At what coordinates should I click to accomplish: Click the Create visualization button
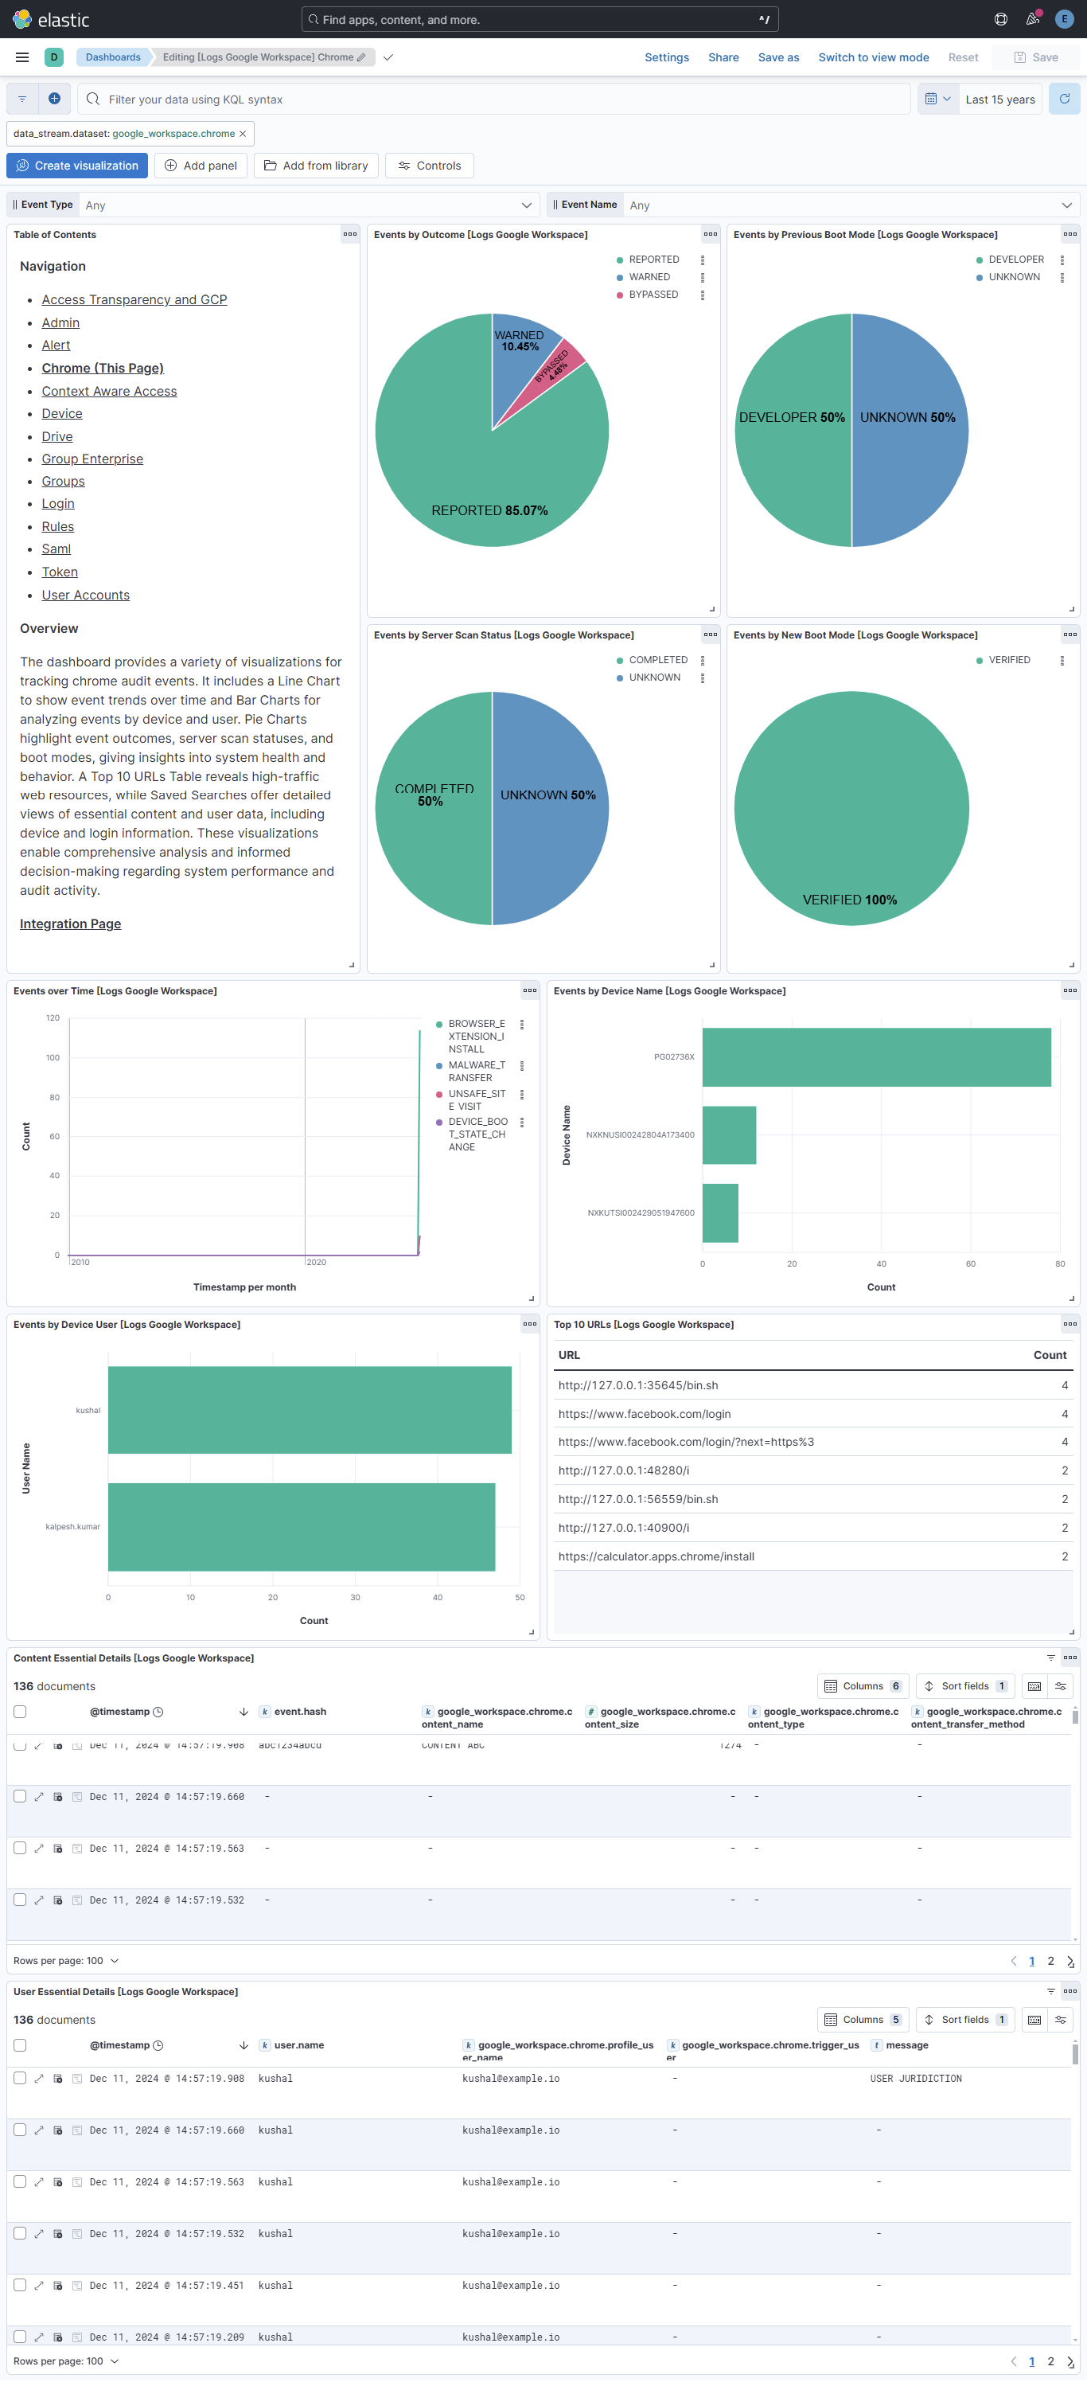pyautogui.click(x=77, y=166)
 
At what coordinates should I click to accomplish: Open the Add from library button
pyautogui.click(x=316, y=166)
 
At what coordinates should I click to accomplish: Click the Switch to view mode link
pyautogui.click(x=873, y=57)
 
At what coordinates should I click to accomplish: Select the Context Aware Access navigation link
pyautogui.click(x=109, y=391)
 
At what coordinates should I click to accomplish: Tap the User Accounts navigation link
pyautogui.click(x=85, y=595)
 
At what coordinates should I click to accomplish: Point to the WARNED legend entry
pyautogui.click(x=649, y=277)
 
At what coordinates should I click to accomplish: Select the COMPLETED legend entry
pyautogui.click(x=657, y=659)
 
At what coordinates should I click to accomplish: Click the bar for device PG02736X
pyautogui.click(x=876, y=1056)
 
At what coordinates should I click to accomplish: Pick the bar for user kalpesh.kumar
pyautogui.click(x=301, y=1526)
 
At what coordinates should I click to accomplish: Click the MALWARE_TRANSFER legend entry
pyautogui.click(x=476, y=1071)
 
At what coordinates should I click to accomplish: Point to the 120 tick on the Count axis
pyautogui.click(x=53, y=1018)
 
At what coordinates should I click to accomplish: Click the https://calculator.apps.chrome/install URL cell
pyautogui.click(x=656, y=1556)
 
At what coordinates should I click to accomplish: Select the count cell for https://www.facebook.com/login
pyautogui.click(x=1064, y=1413)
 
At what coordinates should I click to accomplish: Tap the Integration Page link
pyautogui.click(x=70, y=924)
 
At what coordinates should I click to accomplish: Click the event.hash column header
pyautogui.click(x=300, y=1712)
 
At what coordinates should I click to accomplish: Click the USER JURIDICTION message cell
pyautogui.click(x=916, y=2079)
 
